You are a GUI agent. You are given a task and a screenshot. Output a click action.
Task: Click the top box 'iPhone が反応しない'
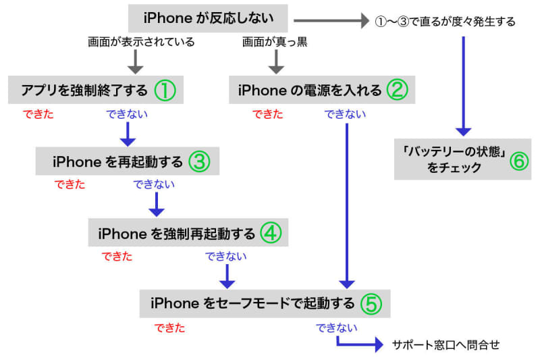[207, 18]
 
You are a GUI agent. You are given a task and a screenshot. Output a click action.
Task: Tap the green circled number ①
[165, 90]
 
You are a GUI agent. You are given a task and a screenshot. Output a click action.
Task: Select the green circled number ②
[396, 89]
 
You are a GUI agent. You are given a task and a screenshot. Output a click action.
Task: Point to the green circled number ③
[200, 161]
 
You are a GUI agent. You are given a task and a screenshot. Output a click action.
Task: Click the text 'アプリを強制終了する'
[82, 90]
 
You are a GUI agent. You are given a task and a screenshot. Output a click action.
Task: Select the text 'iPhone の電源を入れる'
[310, 90]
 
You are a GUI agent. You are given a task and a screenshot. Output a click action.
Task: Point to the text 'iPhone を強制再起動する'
[177, 234]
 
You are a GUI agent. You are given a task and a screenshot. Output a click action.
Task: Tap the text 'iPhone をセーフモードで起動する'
[252, 304]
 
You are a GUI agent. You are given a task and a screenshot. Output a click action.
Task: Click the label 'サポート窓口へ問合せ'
[446, 345]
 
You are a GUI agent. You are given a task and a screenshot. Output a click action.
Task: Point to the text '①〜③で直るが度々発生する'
[445, 22]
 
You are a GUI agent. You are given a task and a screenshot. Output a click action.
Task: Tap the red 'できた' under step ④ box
[117, 257]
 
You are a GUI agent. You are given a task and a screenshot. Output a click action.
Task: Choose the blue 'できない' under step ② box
[346, 114]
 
